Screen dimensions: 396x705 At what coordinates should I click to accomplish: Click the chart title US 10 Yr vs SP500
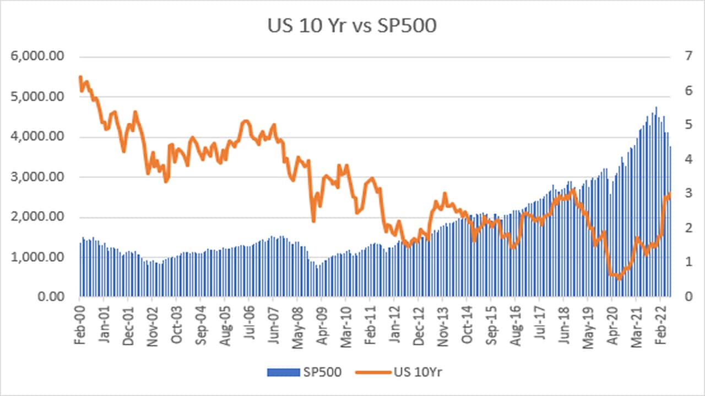click(352, 26)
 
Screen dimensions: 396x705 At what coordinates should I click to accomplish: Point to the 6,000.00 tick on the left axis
click(41, 57)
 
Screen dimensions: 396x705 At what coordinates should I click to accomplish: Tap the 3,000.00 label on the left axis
click(41, 177)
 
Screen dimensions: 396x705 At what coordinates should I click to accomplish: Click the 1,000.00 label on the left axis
click(41, 257)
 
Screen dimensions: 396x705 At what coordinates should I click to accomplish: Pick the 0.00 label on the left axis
click(55, 298)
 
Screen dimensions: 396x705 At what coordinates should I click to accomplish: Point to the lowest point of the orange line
click(619, 279)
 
